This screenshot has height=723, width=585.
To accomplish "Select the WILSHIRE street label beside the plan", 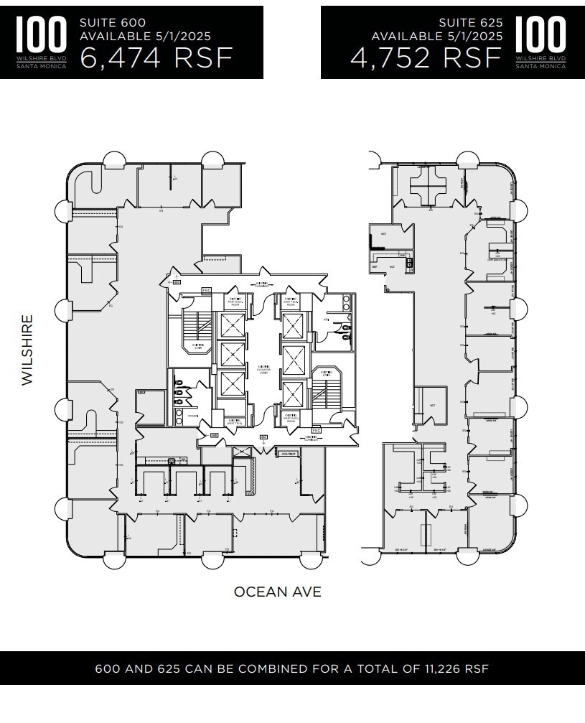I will (27, 350).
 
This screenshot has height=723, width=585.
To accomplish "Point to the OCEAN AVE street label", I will (277, 592).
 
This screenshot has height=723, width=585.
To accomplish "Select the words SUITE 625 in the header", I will (471, 23).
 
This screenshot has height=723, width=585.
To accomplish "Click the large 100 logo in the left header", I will (41, 35).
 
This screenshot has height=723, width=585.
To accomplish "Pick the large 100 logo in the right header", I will (540, 35).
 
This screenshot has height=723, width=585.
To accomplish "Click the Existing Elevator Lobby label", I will (263, 370).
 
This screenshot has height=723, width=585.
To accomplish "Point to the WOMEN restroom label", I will (192, 415).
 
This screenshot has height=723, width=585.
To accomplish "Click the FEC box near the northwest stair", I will (207, 290).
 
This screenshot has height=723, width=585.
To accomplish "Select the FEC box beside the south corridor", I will (314, 431).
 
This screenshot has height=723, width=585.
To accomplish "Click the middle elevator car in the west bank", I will (231, 354).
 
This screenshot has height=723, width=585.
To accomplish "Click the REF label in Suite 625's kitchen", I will (375, 267).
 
